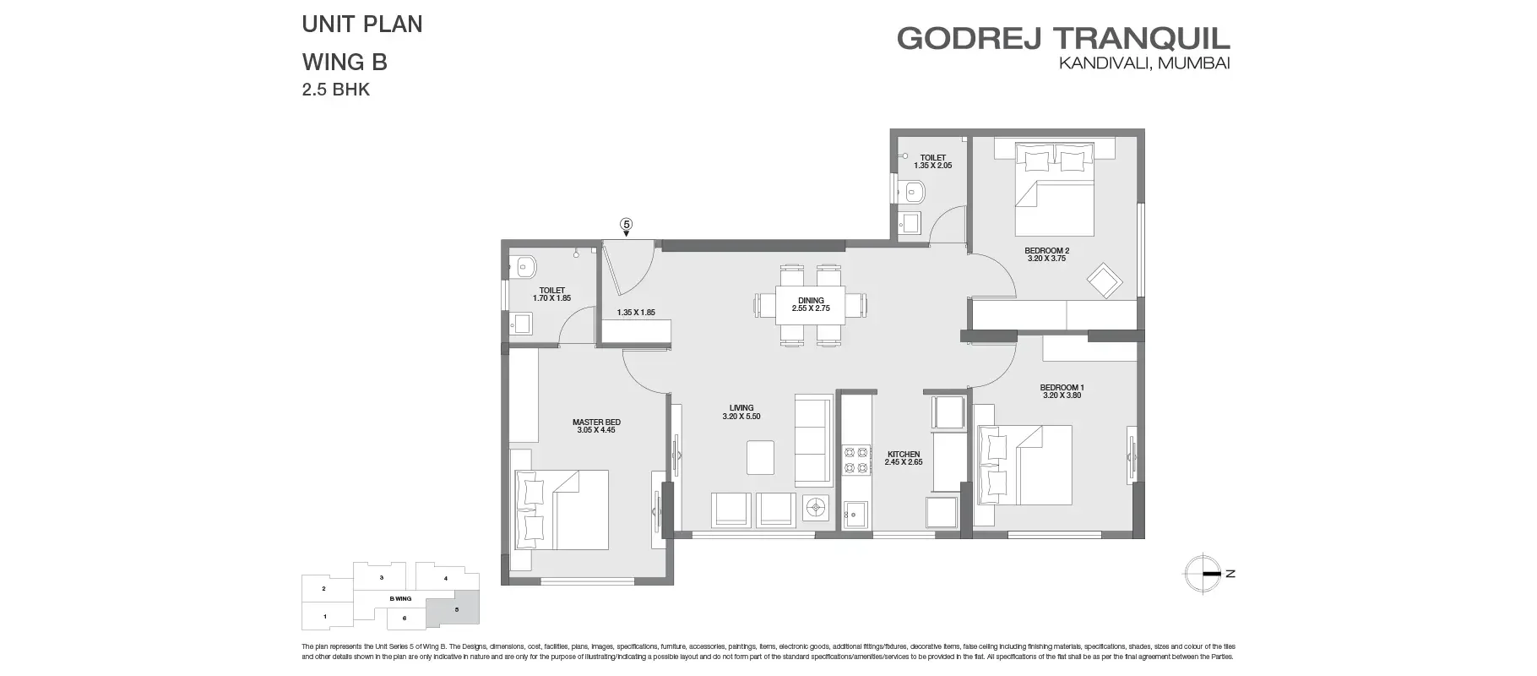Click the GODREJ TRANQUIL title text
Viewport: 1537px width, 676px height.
pyautogui.click(x=1063, y=38)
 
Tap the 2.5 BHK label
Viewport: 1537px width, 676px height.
pyautogui.click(x=336, y=90)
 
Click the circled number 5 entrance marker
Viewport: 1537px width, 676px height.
pyautogui.click(x=626, y=224)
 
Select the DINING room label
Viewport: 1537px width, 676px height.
pyautogui.click(x=811, y=304)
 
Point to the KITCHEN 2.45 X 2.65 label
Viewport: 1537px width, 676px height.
pyautogui.click(x=903, y=458)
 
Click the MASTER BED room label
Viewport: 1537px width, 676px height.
pyautogui.click(x=596, y=426)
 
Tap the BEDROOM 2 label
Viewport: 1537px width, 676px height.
pyautogui.click(x=1046, y=253)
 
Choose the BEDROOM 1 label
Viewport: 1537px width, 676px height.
pyautogui.click(x=1062, y=391)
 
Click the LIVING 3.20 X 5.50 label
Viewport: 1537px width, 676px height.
pyautogui.click(x=741, y=412)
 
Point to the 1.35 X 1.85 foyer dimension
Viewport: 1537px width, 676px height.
pyautogui.click(x=635, y=313)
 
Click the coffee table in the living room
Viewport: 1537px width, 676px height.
pyautogui.click(x=761, y=457)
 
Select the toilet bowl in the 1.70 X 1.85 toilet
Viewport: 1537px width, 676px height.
pyautogui.click(x=525, y=266)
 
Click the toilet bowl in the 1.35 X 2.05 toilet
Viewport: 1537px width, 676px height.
pyautogui.click(x=910, y=194)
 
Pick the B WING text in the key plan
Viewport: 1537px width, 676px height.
pyautogui.click(x=400, y=598)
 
